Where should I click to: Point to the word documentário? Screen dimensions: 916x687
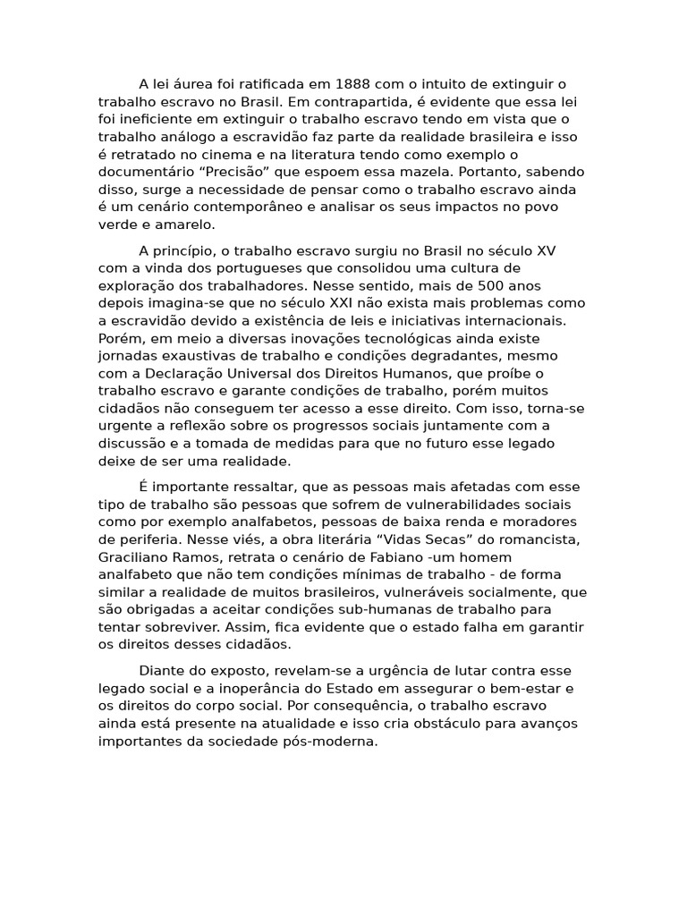pyautogui.click(x=140, y=172)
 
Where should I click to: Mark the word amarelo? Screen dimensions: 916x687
pyautogui.click(x=187, y=225)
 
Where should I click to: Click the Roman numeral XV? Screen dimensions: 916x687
pyautogui.click(x=545, y=250)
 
